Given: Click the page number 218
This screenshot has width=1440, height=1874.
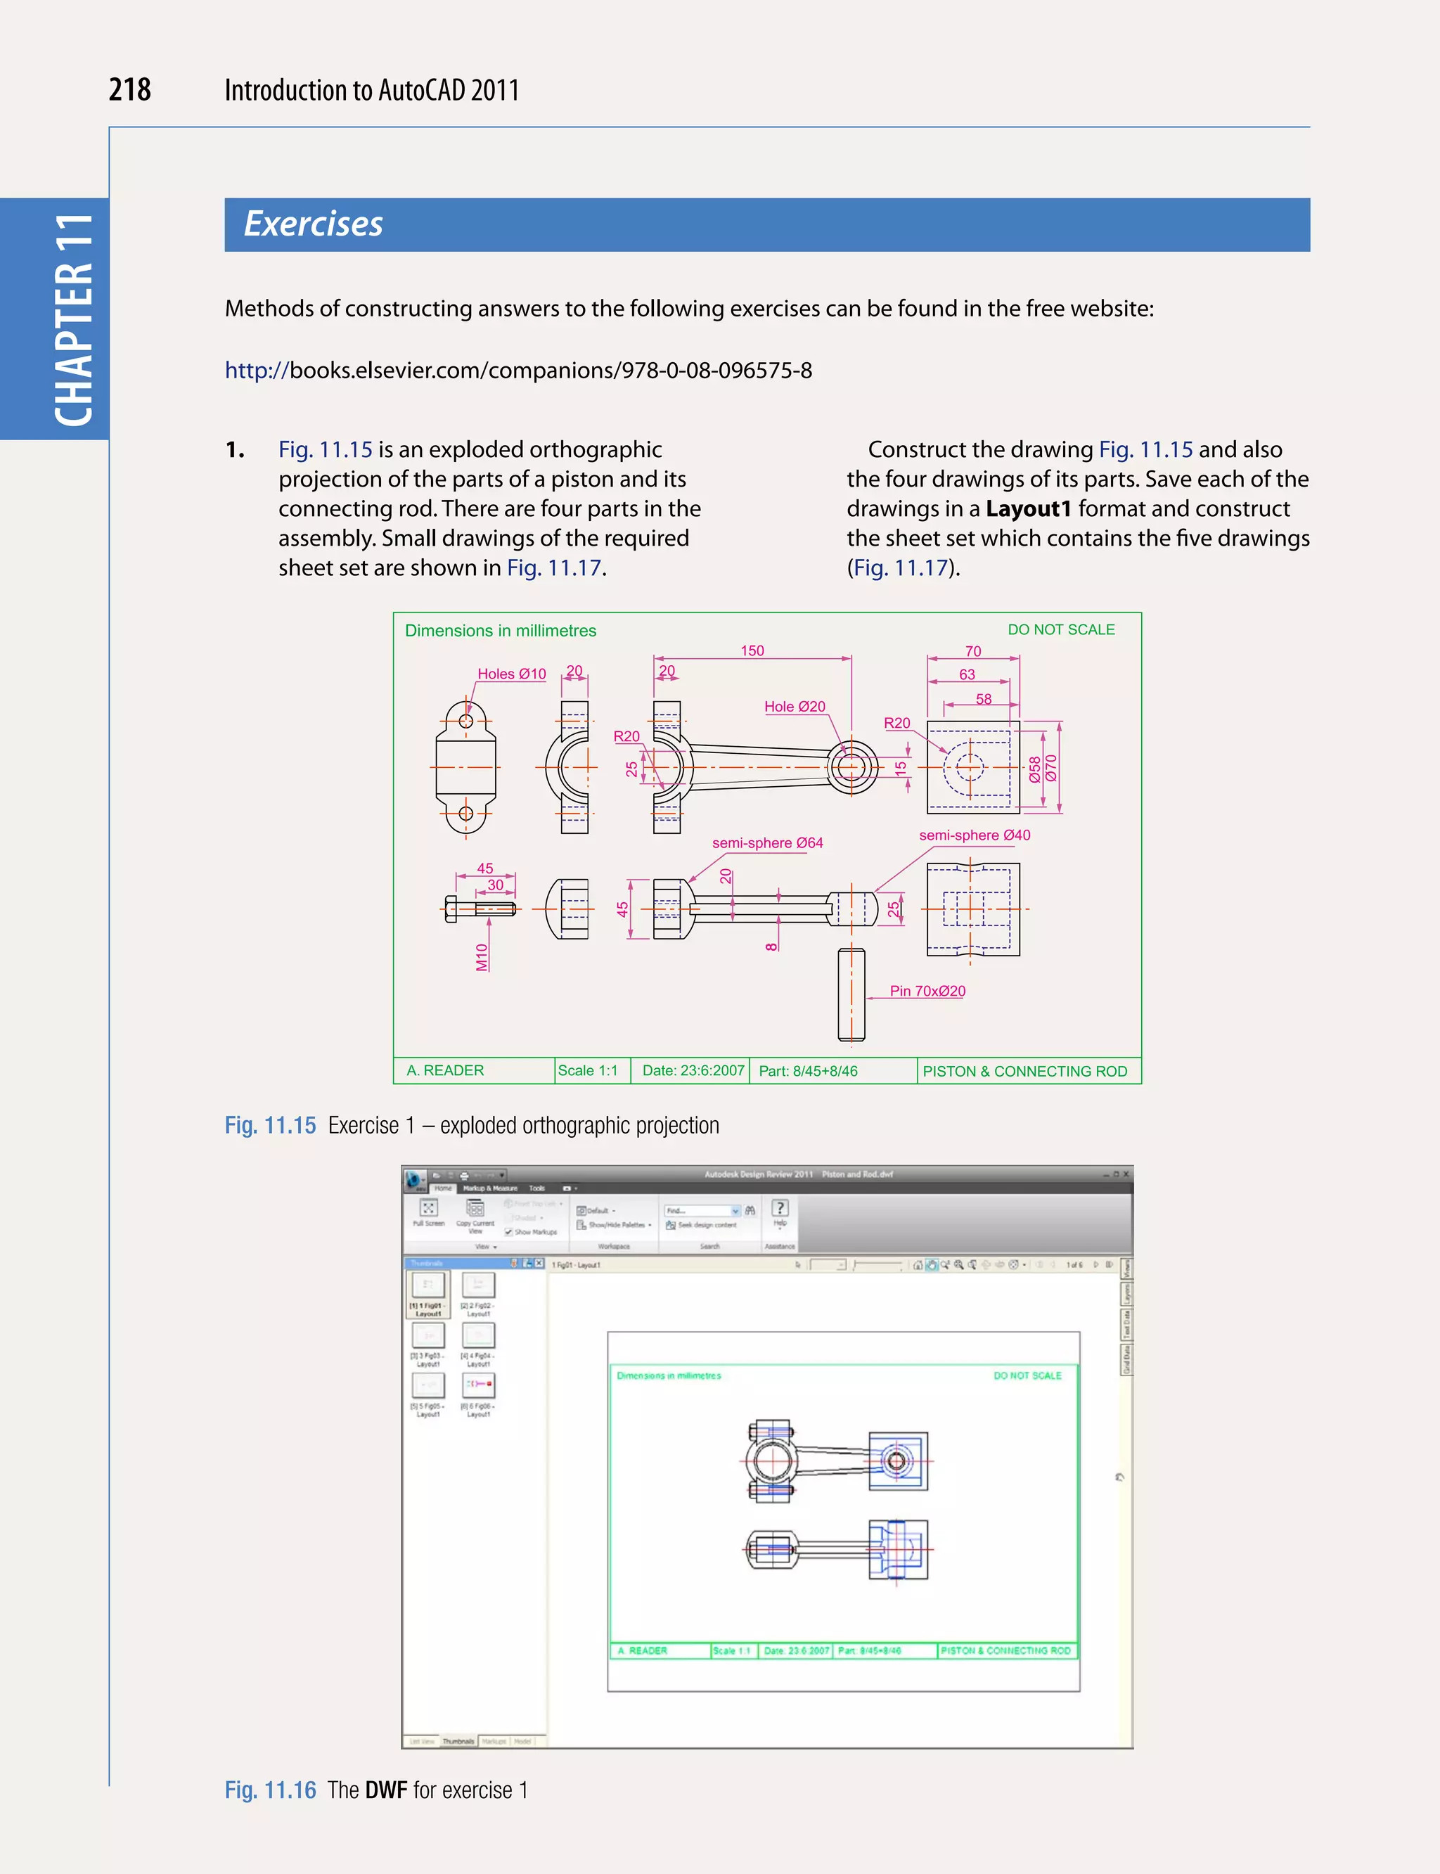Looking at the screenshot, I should pos(129,90).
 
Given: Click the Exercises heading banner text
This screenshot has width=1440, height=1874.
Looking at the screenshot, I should pos(313,224).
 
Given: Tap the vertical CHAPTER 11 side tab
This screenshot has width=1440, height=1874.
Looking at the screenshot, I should pos(74,319).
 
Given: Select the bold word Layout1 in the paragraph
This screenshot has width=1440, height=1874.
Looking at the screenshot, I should pos(1028,509).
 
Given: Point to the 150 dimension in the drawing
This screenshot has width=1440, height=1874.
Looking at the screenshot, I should pos(752,650).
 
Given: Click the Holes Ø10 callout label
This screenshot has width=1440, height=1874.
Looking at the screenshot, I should pos(511,674).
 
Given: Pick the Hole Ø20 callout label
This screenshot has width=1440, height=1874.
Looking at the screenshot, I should pos(794,707).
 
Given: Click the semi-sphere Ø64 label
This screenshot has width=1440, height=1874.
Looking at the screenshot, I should pos(767,842).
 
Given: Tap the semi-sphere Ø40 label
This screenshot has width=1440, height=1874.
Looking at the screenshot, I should pos(974,835).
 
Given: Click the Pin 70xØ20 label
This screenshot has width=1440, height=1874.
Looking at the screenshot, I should pos(927,991).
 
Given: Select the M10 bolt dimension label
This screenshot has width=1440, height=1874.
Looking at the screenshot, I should pos(482,957).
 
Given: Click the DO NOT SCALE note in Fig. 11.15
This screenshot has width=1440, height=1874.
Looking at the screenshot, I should pos(1060,629).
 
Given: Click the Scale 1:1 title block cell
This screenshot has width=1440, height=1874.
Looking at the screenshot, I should pos(588,1071).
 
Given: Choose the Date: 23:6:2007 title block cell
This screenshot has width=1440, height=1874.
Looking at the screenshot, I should pos(693,1071).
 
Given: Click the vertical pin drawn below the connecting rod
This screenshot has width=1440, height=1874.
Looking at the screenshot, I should pos(851,994).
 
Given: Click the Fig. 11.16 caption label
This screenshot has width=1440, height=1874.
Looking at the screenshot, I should pos(270,1790).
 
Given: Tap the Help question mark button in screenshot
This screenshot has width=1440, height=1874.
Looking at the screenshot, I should pos(779,1208).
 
